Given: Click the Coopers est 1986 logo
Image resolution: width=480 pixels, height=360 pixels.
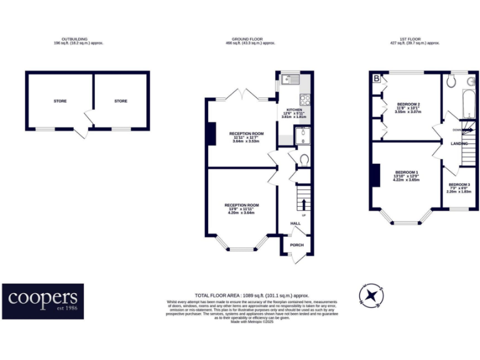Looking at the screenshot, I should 42,301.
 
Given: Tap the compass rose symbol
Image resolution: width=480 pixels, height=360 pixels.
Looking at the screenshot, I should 371,294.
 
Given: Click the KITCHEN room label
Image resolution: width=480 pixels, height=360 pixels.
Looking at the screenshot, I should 294,109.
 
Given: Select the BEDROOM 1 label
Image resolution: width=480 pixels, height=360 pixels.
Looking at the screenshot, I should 406,172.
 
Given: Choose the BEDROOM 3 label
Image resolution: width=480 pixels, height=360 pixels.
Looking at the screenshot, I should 459,184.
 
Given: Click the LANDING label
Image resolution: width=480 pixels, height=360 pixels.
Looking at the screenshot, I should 459,143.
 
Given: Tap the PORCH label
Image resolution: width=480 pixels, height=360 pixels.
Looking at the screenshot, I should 296,245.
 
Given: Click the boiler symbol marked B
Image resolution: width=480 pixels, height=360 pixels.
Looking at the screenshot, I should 376,78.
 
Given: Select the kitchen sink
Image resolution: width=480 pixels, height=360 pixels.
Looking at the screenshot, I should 289,79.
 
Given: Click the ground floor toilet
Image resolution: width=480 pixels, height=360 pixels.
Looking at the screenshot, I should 304,160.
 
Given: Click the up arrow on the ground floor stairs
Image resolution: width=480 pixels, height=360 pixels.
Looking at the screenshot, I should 304,204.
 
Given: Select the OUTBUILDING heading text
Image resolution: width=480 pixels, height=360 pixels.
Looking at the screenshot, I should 78,39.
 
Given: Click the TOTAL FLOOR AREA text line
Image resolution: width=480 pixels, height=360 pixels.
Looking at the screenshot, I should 252,294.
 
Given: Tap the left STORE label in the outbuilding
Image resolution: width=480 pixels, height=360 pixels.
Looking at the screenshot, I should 60,101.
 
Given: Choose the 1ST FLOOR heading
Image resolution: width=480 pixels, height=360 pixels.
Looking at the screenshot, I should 415,39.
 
